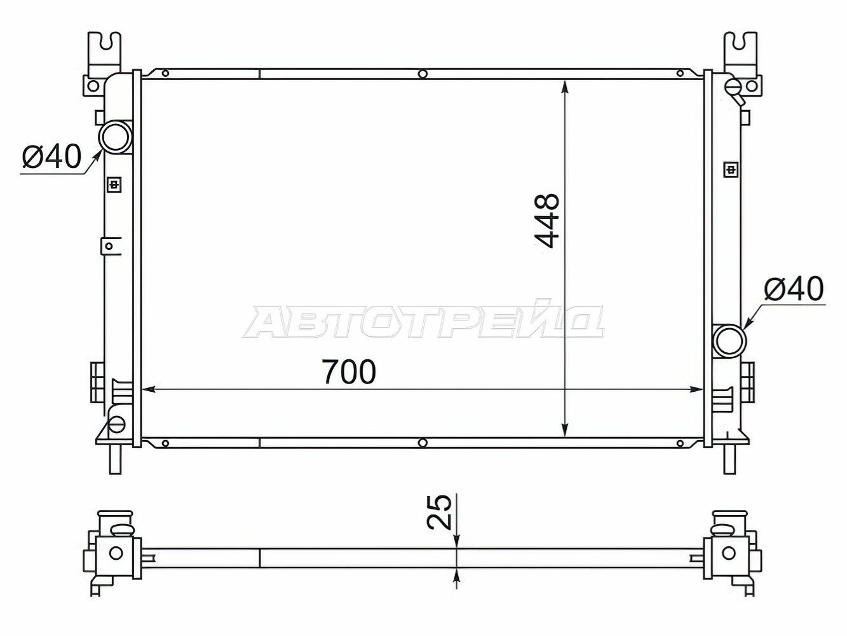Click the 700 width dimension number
pyautogui.click(x=349, y=372)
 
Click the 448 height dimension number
pyautogui.click(x=547, y=221)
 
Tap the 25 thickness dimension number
pyautogui.click(x=439, y=512)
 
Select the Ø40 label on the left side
pyautogui.click(x=52, y=156)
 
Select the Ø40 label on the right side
pyautogui.click(x=794, y=289)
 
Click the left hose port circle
pyautogui.click(x=116, y=137)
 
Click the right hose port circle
pyautogui.click(x=729, y=341)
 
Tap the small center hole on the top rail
pyautogui.click(x=423, y=74)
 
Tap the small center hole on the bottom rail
pyautogui.click(x=423, y=443)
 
